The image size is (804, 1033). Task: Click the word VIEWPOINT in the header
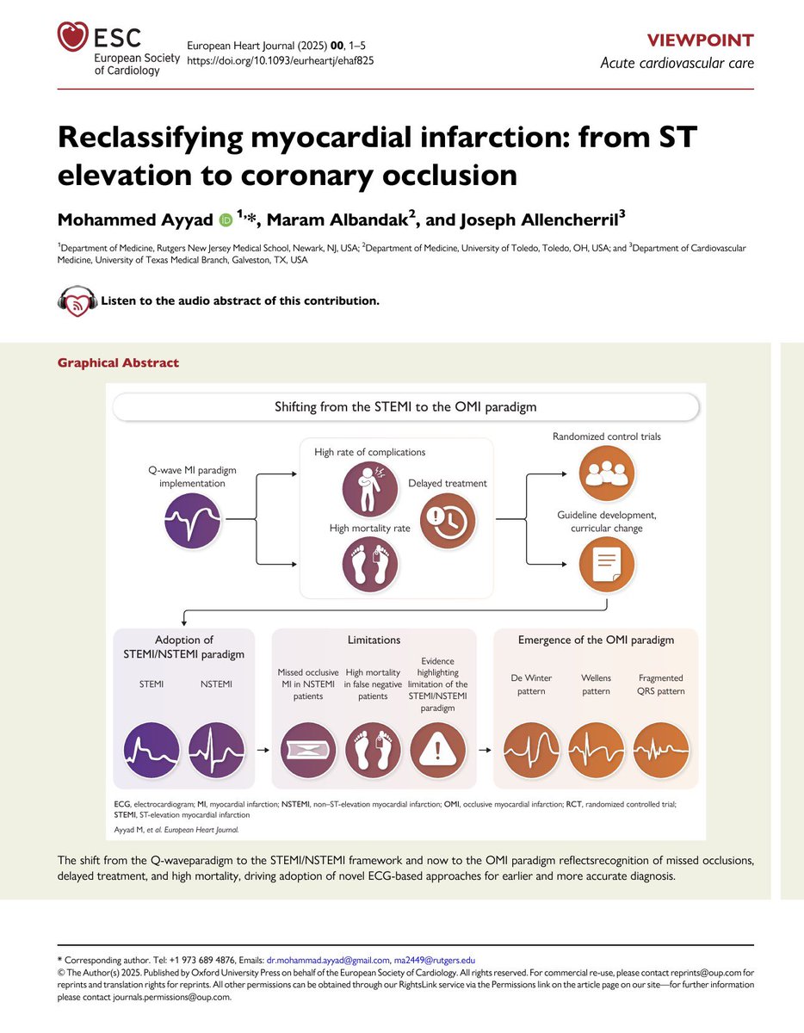tap(704, 40)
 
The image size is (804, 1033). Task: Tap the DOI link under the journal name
tap(280, 61)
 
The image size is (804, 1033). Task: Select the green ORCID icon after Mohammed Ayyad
tap(226, 221)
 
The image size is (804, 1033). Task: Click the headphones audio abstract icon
tap(77, 300)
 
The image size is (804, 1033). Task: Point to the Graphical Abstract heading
tap(118, 362)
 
